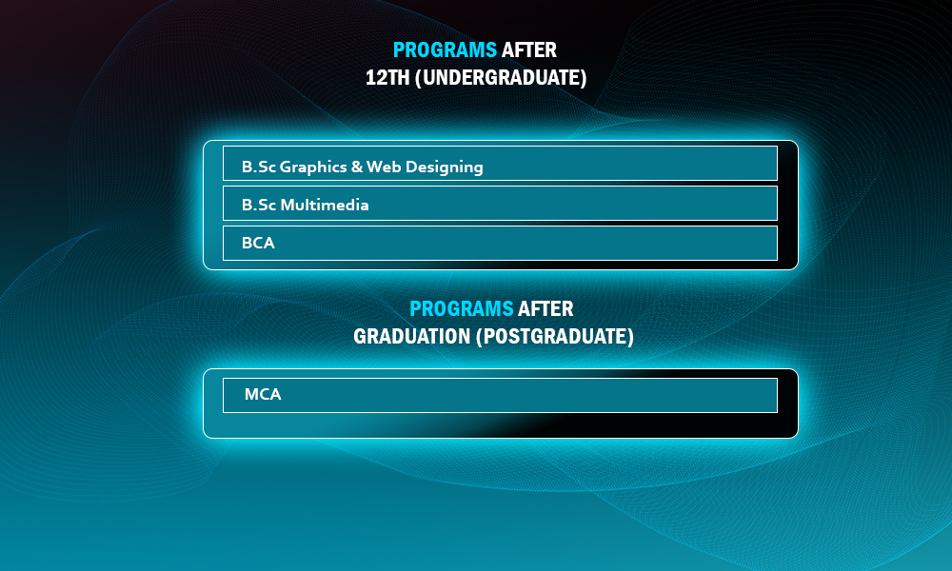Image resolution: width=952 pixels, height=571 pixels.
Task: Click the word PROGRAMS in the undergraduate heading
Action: point(445,49)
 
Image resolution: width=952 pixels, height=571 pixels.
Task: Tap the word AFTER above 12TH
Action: point(529,49)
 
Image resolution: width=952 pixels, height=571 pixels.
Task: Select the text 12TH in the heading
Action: point(387,78)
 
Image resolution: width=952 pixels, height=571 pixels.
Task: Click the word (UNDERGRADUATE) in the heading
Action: point(501,78)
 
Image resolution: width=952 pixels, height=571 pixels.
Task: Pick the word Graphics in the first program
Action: point(313,167)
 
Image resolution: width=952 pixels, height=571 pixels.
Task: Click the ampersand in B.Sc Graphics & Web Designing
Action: point(357,167)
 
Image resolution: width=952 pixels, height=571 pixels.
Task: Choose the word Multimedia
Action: point(325,206)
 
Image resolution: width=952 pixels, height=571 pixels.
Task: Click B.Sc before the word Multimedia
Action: point(259,206)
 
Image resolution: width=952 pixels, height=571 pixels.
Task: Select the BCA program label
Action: point(258,244)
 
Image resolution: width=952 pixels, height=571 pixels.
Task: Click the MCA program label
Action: point(263,394)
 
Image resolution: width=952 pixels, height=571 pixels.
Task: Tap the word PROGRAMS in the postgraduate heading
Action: point(462,309)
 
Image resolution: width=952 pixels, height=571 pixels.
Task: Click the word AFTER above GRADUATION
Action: point(545,309)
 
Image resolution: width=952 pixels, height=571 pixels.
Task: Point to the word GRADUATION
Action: point(412,336)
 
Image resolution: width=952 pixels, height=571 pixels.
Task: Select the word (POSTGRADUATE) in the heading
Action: point(555,336)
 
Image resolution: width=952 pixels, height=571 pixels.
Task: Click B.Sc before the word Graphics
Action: point(259,167)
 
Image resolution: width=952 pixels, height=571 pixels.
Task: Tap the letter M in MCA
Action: point(251,394)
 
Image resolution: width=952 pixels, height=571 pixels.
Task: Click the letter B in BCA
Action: point(247,244)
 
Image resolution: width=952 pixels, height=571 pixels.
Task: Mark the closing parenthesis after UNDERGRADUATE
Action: point(584,78)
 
